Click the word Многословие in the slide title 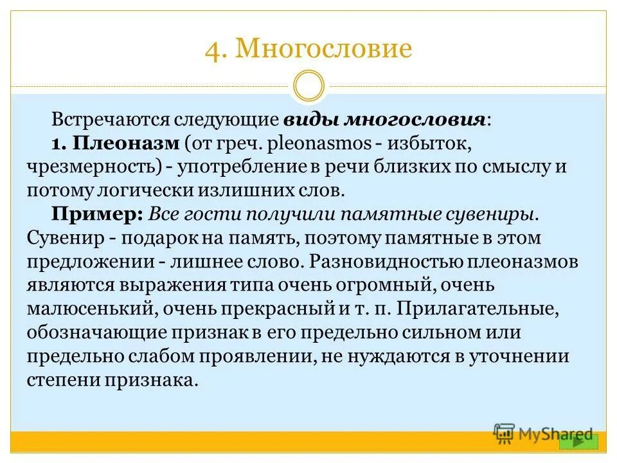[323, 50]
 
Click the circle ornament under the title [308, 86]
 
